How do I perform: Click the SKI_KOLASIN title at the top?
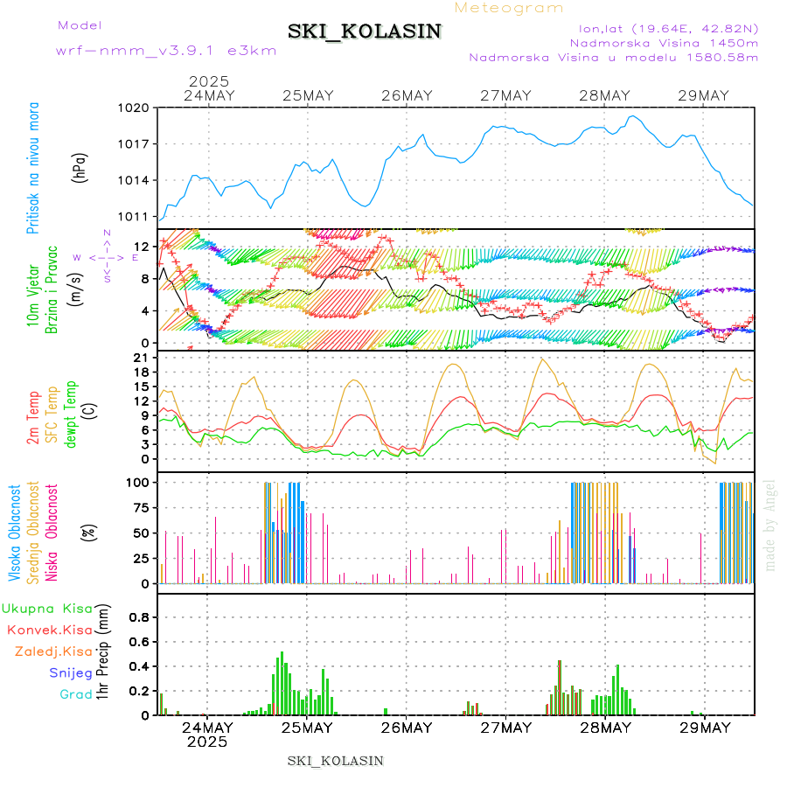364,31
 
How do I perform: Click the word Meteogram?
509,8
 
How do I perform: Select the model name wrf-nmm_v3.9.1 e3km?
166,50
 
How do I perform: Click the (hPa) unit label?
80,167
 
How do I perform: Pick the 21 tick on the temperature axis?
138,358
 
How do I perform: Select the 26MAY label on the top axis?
407,95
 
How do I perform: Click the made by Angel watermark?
770,525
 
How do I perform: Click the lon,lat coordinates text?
662,29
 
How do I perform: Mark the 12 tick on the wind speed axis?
138,246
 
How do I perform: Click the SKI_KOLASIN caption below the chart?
336,760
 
